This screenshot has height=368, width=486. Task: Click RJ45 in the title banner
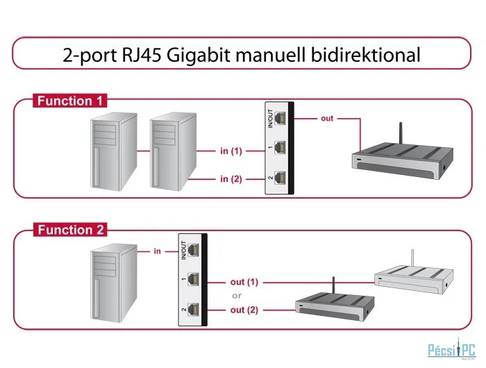coord(142,55)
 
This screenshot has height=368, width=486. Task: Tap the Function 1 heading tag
coord(69,101)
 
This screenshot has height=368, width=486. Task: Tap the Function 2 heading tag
coord(70,230)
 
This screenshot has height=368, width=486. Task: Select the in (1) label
coord(231,151)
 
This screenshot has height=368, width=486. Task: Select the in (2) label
coord(231,179)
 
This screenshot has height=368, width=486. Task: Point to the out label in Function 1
coord(327,118)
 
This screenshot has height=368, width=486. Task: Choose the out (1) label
coord(244,282)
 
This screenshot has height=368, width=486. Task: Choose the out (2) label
coord(244,310)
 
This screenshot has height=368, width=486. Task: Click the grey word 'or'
coord(237,296)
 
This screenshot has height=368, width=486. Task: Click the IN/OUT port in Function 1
coord(280,118)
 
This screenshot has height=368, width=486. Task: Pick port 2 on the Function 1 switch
coord(280,178)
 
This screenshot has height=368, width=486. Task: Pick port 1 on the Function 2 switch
coord(194,279)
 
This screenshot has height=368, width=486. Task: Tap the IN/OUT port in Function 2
coord(194,250)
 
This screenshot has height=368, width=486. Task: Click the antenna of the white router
coord(412,258)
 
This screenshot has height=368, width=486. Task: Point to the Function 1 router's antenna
coord(401,133)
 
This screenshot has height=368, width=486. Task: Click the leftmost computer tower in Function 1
coord(113,151)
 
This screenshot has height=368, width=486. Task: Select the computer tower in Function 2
coord(113,283)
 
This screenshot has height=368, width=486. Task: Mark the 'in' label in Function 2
coord(158,251)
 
